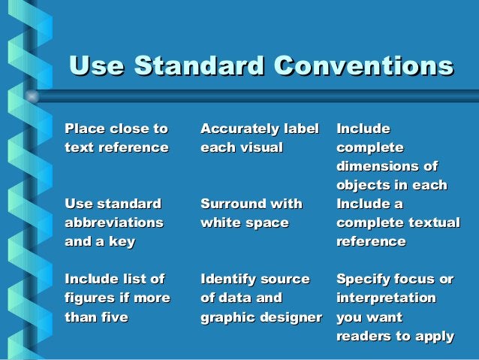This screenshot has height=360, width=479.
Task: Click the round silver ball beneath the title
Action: (x=32, y=96)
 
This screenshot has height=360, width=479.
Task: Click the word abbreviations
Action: (x=114, y=222)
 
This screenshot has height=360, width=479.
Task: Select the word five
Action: (x=111, y=317)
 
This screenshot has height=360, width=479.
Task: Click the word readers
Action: (x=364, y=336)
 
